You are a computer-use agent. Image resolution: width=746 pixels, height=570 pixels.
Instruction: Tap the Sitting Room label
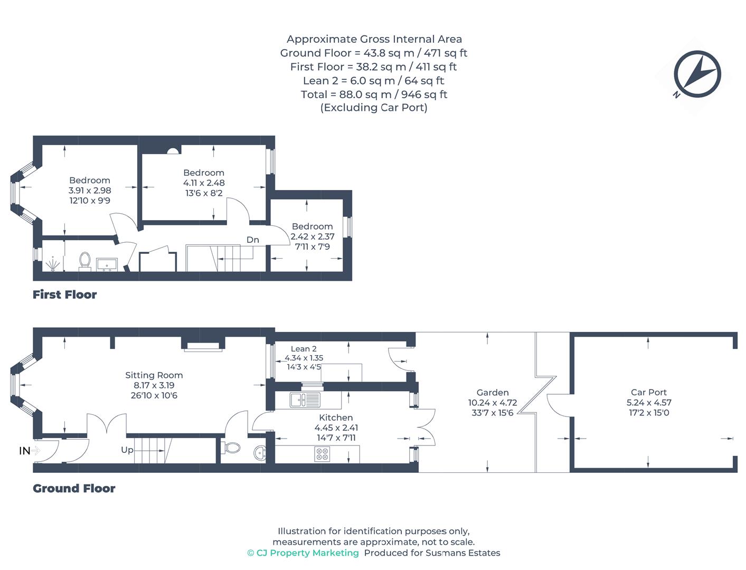point(154,375)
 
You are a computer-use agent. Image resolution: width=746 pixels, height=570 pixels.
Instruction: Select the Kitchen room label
point(336,417)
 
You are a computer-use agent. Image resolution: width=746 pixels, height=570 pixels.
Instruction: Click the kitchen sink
point(305,400)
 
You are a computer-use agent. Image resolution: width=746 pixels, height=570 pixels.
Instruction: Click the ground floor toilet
point(232,448)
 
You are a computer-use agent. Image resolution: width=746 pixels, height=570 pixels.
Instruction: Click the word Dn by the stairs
point(253,240)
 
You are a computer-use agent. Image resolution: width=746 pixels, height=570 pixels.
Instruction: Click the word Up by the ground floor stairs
point(127,450)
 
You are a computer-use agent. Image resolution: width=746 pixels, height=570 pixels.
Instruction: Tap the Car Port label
point(648,392)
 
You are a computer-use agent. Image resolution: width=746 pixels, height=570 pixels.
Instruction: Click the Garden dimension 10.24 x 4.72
point(492,403)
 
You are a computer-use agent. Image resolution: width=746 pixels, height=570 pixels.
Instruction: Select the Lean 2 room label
point(304,349)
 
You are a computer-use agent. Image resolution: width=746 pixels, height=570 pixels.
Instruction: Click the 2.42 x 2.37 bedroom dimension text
point(312,236)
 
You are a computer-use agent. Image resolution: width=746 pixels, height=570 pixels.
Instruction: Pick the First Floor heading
point(64,294)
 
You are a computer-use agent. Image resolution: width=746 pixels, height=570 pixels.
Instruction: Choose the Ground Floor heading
point(74,488)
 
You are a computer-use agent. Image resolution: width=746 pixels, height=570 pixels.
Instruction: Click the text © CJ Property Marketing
point(303,553)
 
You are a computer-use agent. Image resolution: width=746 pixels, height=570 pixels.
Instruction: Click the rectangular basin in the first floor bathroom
point(107,263)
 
